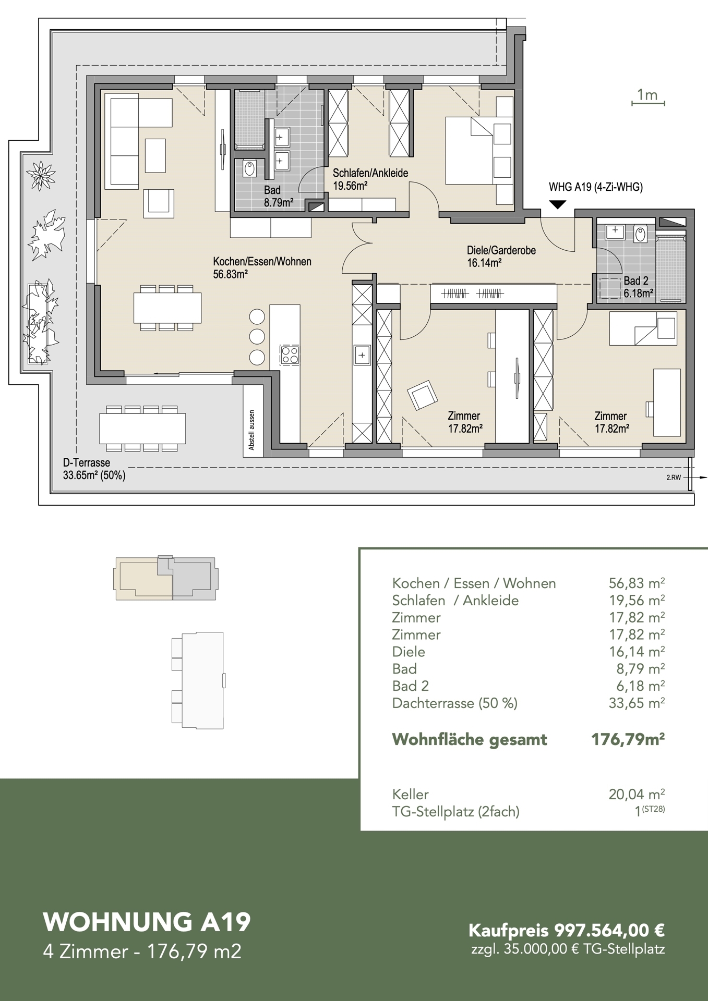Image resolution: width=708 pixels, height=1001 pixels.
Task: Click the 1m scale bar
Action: (648, 103)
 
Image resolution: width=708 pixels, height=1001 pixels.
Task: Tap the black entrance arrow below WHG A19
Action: (558, 204)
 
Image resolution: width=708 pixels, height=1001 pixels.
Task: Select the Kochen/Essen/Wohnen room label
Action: (262, 267)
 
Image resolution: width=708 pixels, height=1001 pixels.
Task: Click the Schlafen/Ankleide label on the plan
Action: (370, 179)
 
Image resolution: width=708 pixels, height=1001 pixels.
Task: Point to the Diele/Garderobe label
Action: (501, 257)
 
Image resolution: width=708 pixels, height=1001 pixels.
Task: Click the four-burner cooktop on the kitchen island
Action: (290, 355)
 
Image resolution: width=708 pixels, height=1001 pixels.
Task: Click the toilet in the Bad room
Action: (250, 169)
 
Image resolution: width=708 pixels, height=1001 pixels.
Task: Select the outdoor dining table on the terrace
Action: (142, 428)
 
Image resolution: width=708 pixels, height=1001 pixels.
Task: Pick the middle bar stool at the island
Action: (257, 337)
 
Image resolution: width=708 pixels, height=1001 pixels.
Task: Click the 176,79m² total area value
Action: (628, 739)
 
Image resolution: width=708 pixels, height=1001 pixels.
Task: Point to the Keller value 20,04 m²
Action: (637, 794)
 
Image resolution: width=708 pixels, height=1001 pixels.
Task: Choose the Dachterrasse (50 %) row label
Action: (454, 703)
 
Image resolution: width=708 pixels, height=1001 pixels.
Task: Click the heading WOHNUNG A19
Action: (147, 922)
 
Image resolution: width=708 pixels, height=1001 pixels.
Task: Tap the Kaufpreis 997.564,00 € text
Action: (567, 930)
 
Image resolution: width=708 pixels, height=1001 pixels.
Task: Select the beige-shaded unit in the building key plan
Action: (143, 579)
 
